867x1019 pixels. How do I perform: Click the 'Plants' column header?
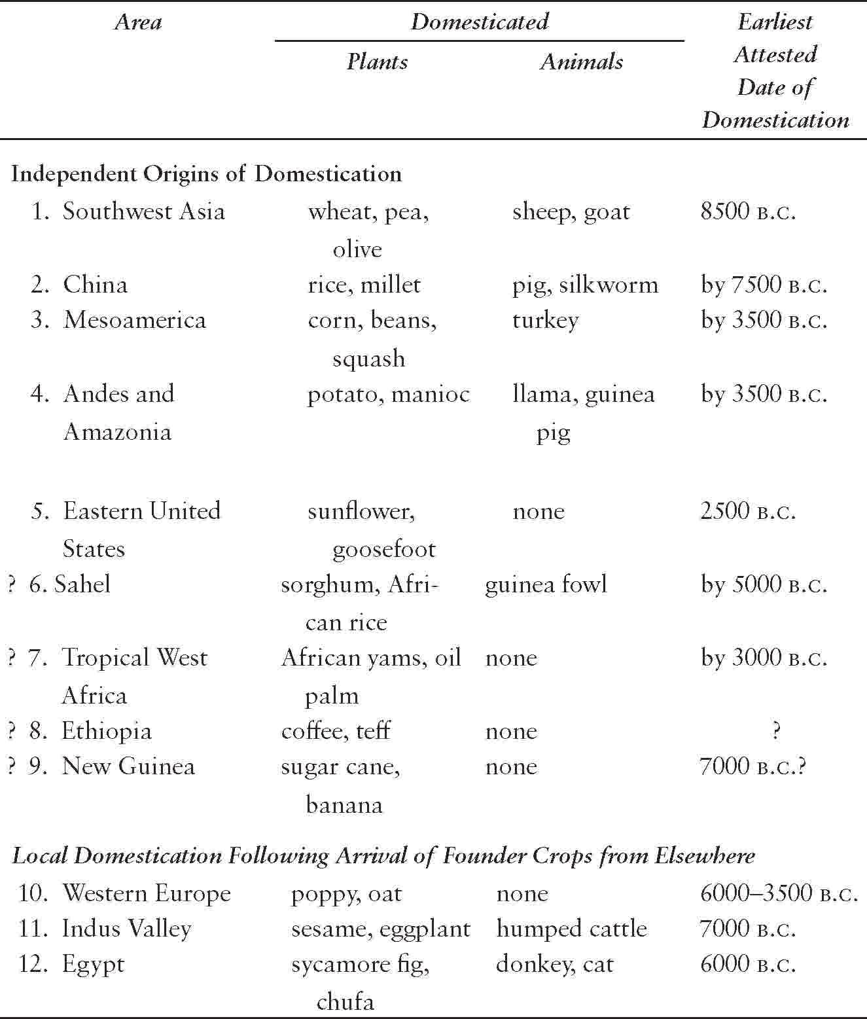click(377, 62)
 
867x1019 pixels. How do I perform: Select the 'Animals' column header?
click(581, 62)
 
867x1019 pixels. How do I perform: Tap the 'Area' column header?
click(138, 22)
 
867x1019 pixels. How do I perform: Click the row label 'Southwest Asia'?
click(143, 211)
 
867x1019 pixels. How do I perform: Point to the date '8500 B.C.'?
click(748, 211)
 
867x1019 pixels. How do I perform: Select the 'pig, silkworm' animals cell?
click(584, 285)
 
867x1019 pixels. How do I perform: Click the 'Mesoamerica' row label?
click(134, 320)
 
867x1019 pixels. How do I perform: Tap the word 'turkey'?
click(545, 321)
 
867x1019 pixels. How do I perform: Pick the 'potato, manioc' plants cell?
click(388, 394)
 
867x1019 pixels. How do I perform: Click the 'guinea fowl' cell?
click(546, 584)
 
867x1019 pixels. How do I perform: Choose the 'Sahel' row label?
click(82, 584)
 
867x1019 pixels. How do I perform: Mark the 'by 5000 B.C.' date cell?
click(764, 584)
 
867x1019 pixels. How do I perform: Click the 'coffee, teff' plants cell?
click(336, 731)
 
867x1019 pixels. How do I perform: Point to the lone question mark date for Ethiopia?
click(775, 731)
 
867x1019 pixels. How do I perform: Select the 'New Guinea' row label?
click(128, 766)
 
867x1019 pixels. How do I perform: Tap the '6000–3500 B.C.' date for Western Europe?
click(779, 893)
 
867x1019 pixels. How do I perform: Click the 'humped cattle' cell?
click(571, 929)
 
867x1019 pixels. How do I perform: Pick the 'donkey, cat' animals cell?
click(554, 964)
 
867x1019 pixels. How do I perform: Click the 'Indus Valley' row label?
click(126, 929)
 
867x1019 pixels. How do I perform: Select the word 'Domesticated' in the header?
click(479, 22)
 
